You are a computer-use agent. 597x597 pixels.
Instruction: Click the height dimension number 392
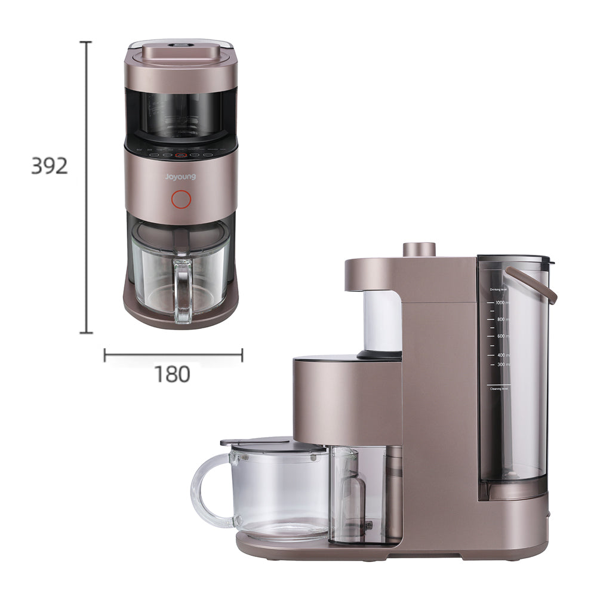49,166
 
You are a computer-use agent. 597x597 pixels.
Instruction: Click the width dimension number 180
173,374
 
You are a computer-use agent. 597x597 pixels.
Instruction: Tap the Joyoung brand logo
180,177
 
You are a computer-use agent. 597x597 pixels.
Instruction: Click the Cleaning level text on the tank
498,389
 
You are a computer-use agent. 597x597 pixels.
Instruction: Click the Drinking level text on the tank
500,289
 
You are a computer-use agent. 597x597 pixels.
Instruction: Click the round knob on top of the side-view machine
418,249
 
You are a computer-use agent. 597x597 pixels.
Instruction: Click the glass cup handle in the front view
183,289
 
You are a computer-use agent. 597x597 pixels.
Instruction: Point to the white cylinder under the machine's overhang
382,319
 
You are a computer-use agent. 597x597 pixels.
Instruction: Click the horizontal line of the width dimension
173,355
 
